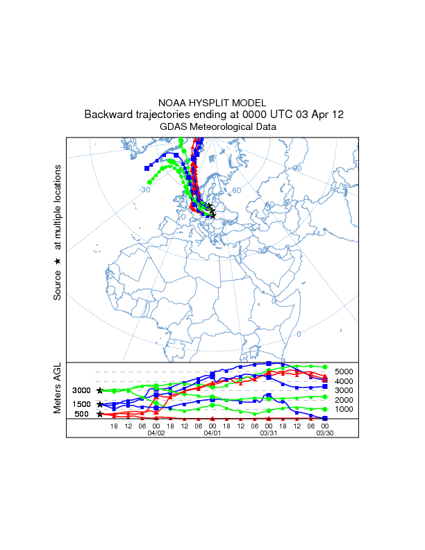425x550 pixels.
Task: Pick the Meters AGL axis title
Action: (58, 388)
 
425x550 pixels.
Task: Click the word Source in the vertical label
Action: (58, 286)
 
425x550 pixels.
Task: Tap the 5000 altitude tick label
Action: (344, 372)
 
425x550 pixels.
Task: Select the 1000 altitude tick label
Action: (344, 409)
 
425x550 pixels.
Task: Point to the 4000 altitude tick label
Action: (344, 381)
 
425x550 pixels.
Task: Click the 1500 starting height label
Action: (82, 404)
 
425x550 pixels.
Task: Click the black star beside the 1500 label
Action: (100, 404)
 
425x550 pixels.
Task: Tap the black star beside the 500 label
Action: (100, 414)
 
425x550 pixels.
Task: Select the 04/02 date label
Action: (156, 432)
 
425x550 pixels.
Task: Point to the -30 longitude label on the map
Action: (144, 190)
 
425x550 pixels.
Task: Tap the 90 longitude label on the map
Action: (297, 168)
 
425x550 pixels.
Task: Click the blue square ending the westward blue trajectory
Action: (147, 168)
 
